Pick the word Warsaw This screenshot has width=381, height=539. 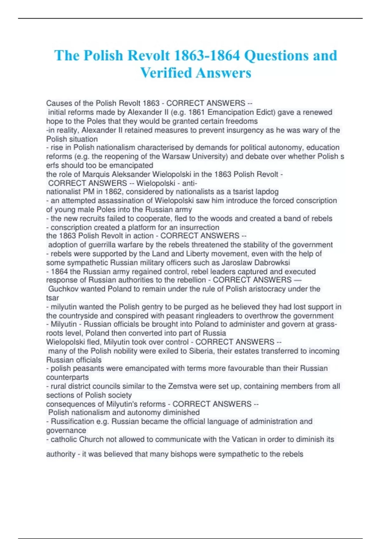point(176,156)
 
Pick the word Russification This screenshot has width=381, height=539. point(73,421)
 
